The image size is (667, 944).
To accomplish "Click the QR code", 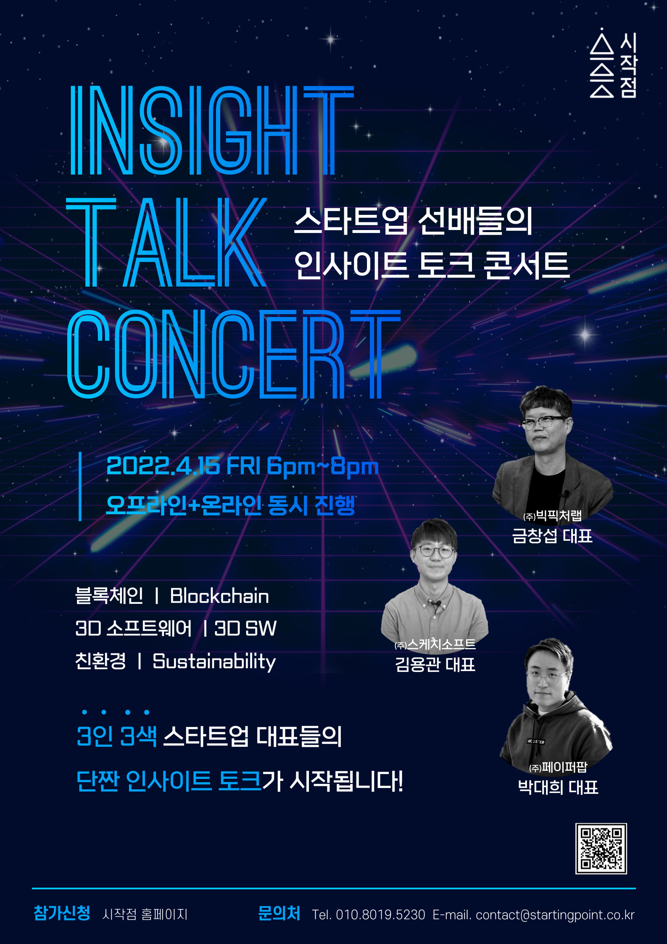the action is [x=601, y=849].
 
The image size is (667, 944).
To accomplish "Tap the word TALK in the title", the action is [x=166, y=243].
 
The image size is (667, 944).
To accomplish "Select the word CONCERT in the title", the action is [x=234, y=354].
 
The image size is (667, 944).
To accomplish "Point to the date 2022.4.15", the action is [x=163, y=466].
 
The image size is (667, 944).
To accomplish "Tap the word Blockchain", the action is [x=219, y=596].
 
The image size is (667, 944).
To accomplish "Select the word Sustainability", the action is [x=214, y=661].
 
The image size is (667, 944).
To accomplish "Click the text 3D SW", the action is [x=245, y=628].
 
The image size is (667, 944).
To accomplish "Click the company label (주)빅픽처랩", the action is [x=552, y=515].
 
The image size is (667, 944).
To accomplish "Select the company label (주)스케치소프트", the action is [x=435, y=644].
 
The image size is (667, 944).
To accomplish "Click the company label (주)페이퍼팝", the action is [x=558, y=767].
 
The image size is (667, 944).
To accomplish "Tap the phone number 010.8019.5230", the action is [x=380, y=915].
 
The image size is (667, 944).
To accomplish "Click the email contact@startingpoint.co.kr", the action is [x=555, y=915].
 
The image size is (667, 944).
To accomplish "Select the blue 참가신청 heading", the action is [x=62, y=913].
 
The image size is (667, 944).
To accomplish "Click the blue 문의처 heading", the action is [x=279, y=913].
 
